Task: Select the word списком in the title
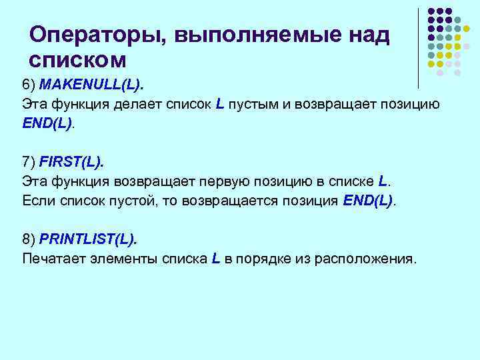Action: [x=78, y=60]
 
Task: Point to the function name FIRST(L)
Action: [x=73, y=162]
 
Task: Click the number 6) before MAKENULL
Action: [x=29, y=86]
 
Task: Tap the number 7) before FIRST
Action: [x=29, y=162]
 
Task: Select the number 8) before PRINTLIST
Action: [x=29, y=238]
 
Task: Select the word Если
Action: [x=37, y=200]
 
